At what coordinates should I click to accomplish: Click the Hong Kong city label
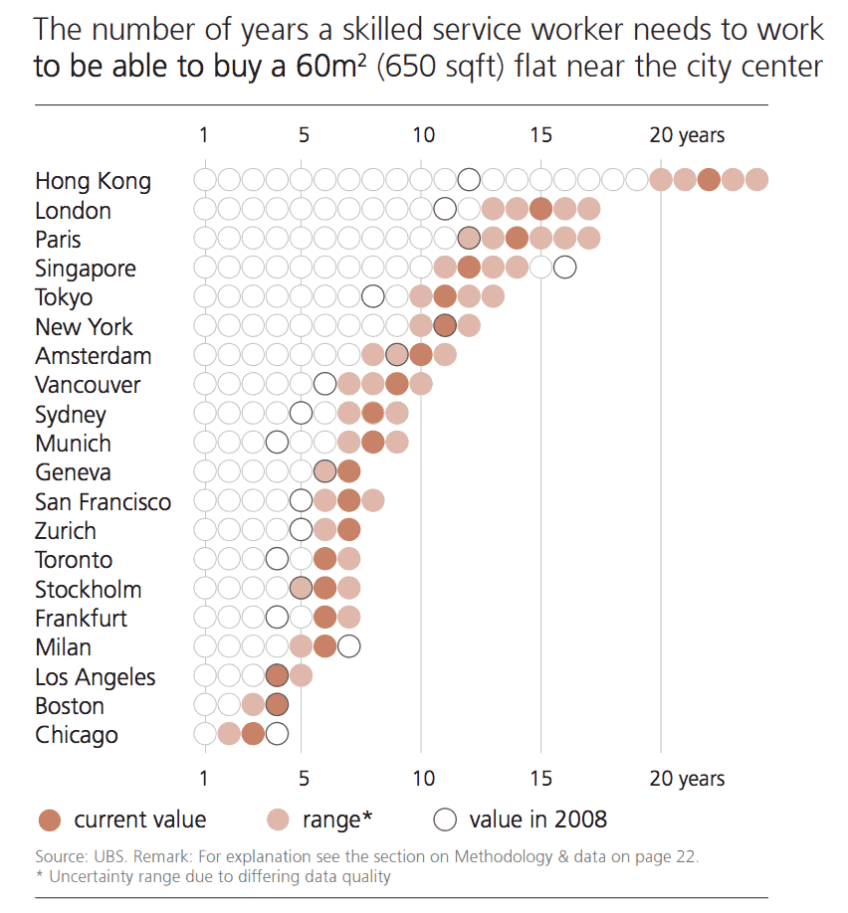pos(93,181)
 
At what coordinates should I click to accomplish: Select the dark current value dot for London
pos(540,209)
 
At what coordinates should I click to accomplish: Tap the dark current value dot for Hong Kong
pos(709,180)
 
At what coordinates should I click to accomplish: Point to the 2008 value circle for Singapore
pos(564,268)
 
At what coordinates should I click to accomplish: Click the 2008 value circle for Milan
pos(348,646)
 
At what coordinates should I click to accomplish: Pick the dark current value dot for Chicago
pos(253,734)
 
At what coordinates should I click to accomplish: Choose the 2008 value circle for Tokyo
pos(372,296)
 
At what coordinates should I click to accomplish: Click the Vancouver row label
pos(88,385)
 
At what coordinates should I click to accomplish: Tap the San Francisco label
pos(103,501)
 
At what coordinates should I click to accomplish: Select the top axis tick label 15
pos(540,135)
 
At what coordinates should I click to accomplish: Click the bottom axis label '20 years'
pos(687,779)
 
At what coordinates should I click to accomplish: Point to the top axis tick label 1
pos(204,135)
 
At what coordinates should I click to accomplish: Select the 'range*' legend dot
pos(279,821)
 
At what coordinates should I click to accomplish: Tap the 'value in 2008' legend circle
pos(446,821)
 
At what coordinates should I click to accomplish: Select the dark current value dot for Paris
pos(517,239)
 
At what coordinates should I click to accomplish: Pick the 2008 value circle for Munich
pos(277,443)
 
